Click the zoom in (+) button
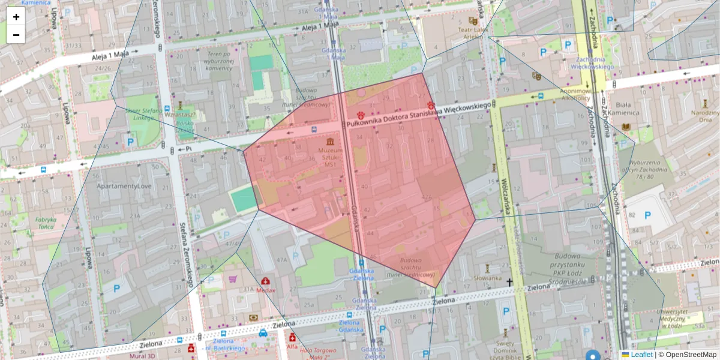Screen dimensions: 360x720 click(x=16, y=17)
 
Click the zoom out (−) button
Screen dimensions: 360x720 click(x=16, y=35)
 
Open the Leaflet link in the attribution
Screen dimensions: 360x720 click(x=641, y=355)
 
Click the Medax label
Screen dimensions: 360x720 click(x=265, y=290)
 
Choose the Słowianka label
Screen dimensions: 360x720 click(x=487, y=278)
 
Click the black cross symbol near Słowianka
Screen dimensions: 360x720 click(x=510, y=282)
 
